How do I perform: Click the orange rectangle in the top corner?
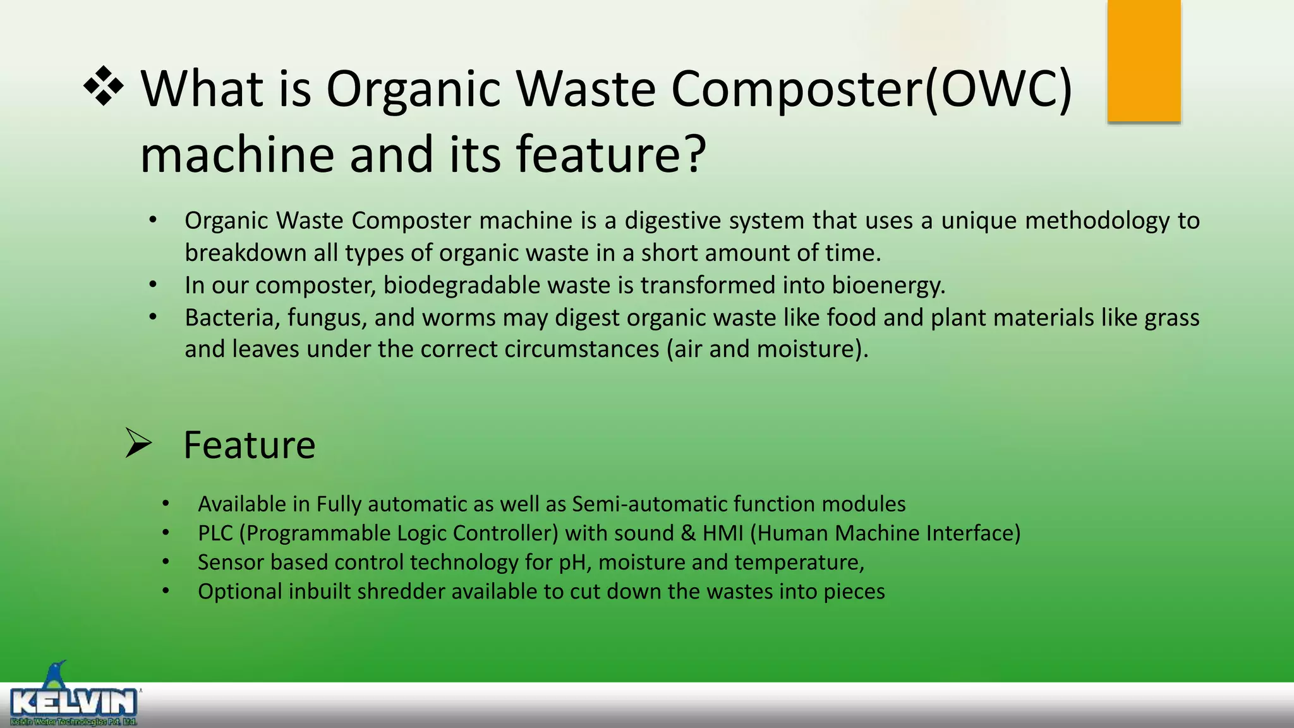(1144, 61)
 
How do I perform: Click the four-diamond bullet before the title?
(104, 86)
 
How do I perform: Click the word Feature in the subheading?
(249, 445)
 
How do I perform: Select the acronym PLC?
(215, 533)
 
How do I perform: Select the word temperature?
(799, 562)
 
